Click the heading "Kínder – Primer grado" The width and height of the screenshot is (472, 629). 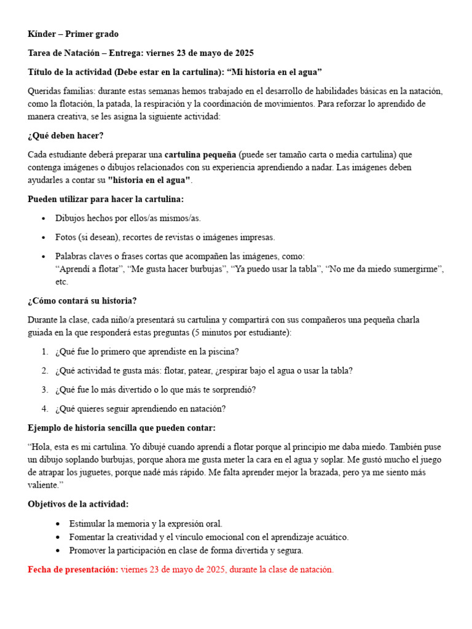pyautogui.click(x=73, y=34)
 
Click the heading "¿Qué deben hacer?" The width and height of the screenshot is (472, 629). pyautogui.click(x=66, y=135)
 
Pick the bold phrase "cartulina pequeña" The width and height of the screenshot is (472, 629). pyautogui.click(x=200, y=154)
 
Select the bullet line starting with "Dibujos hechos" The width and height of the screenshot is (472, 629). pyautogui.click(x=128, y=218)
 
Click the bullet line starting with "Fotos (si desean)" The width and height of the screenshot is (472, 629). pyautogui.click(x=165, y=237)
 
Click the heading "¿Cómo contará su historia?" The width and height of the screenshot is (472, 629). pyautogui.click(x=82, y=301)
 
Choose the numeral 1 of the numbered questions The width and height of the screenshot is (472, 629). pyautogui.click(x=44, y=352)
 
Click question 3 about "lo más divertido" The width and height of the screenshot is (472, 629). pyautogui.click(x=155, y=389)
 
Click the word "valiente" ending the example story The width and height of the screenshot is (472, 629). pyautogui.click(x=46, y=485)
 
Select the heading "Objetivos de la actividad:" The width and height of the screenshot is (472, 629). pyautogui.click(x=78, y=504)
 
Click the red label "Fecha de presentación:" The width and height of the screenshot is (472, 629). pyautogui.click(x=73, y=569)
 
